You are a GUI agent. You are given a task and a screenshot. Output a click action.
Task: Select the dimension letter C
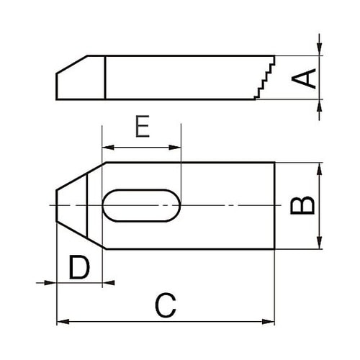click(x=166, y=306)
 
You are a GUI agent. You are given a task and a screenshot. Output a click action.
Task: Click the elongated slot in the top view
click(x=141, y=206)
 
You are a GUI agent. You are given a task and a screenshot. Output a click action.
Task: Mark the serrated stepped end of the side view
click(x=264, y=78)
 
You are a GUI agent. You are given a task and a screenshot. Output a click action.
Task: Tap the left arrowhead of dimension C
click(x=61, y=320)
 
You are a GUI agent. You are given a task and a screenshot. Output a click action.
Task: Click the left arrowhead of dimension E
click(x=107, y=148)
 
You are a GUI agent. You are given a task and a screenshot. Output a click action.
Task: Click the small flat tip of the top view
click(x=57, y=206)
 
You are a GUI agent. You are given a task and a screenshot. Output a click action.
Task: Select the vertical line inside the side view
click(x=106, y=78)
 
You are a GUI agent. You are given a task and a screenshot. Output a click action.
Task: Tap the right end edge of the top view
click(x=275, y=206)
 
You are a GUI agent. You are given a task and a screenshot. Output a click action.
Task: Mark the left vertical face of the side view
click(x=57, y=85)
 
